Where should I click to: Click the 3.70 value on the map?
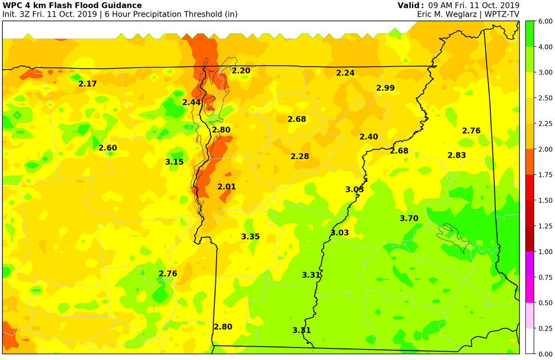(x=409, y=218)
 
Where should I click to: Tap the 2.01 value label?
(x=227, y=187)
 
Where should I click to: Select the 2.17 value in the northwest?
(x=87, y=84)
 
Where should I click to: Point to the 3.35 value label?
(x=250, y=236)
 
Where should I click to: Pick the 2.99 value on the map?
(x=385, y=88)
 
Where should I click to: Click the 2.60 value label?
(x=108, y=148)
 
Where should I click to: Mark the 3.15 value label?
(x=174, y=162)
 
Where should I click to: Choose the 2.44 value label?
(x=191, y=102)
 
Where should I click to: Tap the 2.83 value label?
(x=456, y=155)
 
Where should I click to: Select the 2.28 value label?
(x=300, y=156)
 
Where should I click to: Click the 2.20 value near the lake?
(x=241, y=71)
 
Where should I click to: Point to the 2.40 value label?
(x=369, y=136)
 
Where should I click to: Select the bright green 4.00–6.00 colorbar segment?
(x=530, y=34)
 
